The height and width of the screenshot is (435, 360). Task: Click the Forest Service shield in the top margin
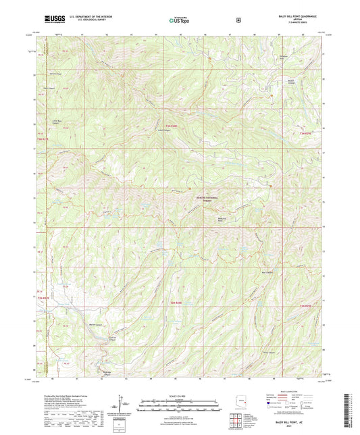[x=239, y=20]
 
